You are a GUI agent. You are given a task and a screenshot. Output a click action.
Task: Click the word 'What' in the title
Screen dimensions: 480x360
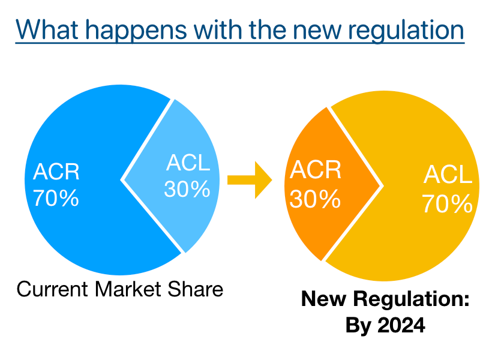tap(47, 29)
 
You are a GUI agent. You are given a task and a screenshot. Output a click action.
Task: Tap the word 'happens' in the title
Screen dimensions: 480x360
tap(136, 31)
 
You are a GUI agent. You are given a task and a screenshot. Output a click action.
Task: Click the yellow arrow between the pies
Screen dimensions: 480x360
tap(250, 180)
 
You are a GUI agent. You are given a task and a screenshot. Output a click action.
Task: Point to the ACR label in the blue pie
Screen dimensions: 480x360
tap(56, 172)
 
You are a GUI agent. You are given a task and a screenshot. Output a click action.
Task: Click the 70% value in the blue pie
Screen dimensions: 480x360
tap(56, 198)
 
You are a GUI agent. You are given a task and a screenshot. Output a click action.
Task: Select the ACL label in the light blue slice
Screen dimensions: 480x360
tap(188, 162)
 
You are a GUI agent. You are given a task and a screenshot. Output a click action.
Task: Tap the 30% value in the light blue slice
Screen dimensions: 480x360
tap(187, 189)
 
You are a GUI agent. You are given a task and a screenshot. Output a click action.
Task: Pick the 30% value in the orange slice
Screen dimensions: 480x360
tap(315, 199)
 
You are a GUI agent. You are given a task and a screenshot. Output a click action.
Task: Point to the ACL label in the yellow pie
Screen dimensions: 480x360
tap(448, 174)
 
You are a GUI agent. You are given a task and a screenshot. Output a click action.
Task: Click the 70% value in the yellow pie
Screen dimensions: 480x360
tap(447, 203)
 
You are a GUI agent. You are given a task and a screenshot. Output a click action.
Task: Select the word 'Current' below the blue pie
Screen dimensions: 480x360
tap(52, 289)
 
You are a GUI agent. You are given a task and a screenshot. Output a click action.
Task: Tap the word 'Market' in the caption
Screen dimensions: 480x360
tap(128, 289)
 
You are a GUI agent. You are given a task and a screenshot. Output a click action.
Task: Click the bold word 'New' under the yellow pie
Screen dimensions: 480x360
tap(323, 298)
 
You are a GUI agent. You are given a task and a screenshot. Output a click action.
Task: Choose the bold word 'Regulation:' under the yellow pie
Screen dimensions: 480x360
tap(411, 299)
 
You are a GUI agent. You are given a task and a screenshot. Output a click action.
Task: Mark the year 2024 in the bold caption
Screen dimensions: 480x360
tap(401, 325)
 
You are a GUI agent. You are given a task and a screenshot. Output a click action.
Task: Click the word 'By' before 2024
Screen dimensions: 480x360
tap(358, 326)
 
